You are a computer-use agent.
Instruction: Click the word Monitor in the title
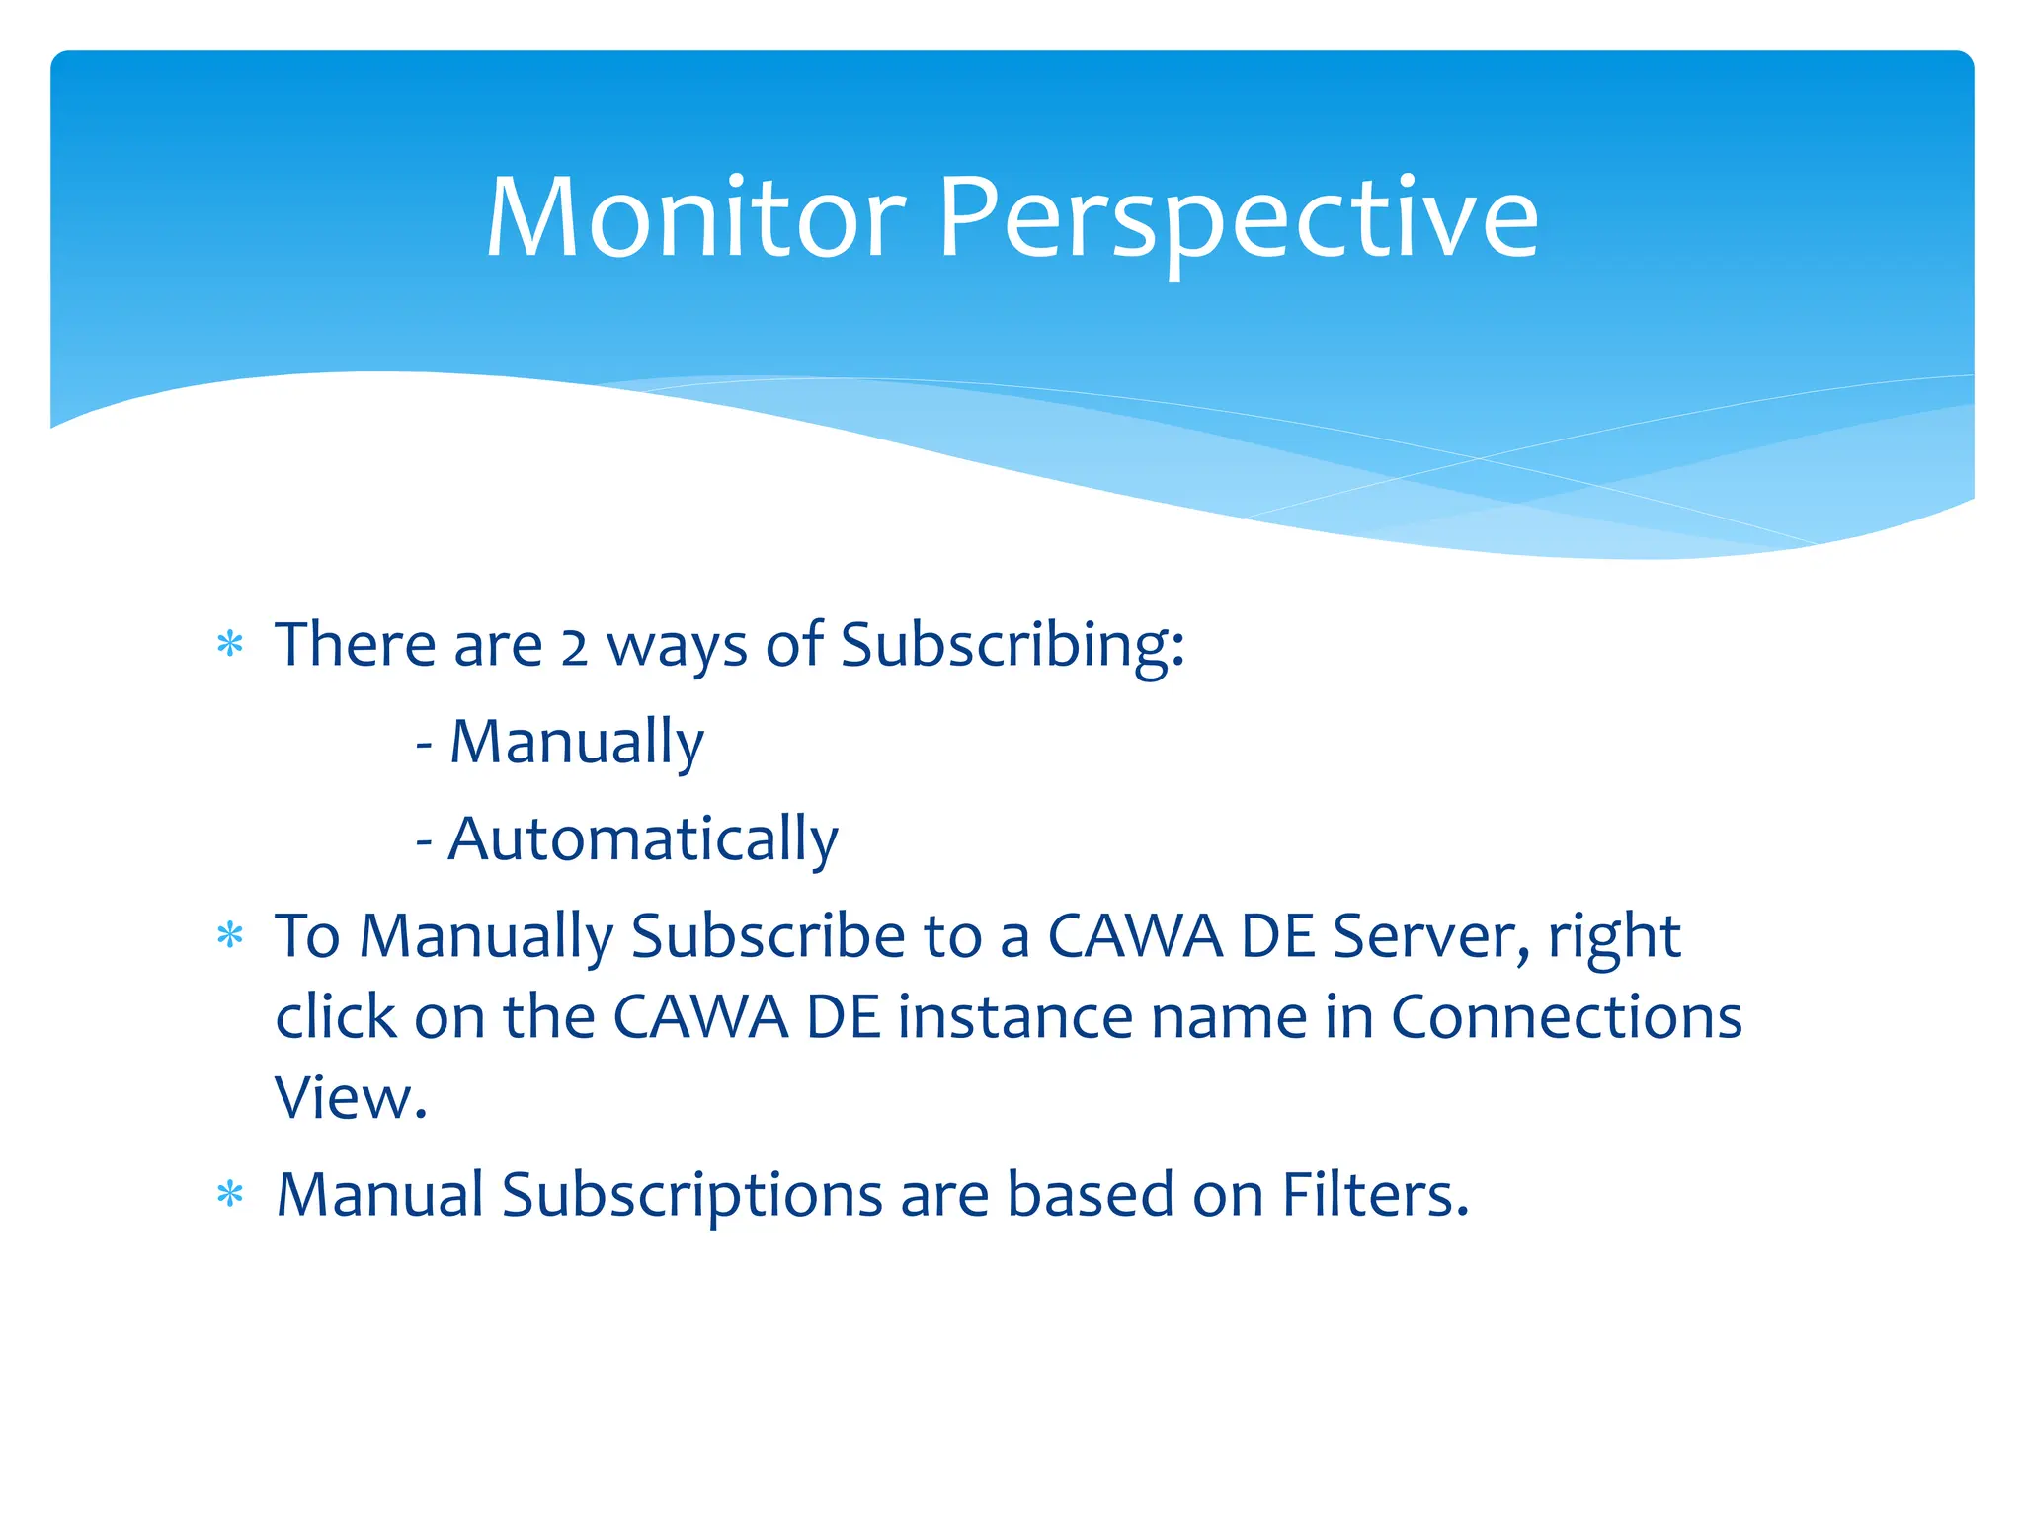click(x=694, y=218)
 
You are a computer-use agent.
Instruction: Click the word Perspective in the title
click(x=1238, y=218)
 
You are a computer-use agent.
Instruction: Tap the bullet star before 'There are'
click(x=230, y=646)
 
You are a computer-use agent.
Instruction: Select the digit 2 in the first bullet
click(x=574, y=648)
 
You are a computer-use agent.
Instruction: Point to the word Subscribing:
click(x=1011, y=646)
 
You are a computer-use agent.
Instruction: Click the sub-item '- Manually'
click(x=560, y=742)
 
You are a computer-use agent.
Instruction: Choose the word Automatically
click(x=642, y=839)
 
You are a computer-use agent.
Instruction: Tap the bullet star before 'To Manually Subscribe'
click(x=230, y=935)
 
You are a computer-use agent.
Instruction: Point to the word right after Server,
click(x=1614, y=938)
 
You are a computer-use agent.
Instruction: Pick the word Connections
click(x=1566, y=1017)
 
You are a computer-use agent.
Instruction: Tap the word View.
click(x=350, y=1097)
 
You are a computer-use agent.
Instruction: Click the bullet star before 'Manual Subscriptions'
click(x=230, y=1195)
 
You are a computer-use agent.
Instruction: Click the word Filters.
click(x=1374, y=1195)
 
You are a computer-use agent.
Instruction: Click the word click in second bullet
click(x=335, y=1017)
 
